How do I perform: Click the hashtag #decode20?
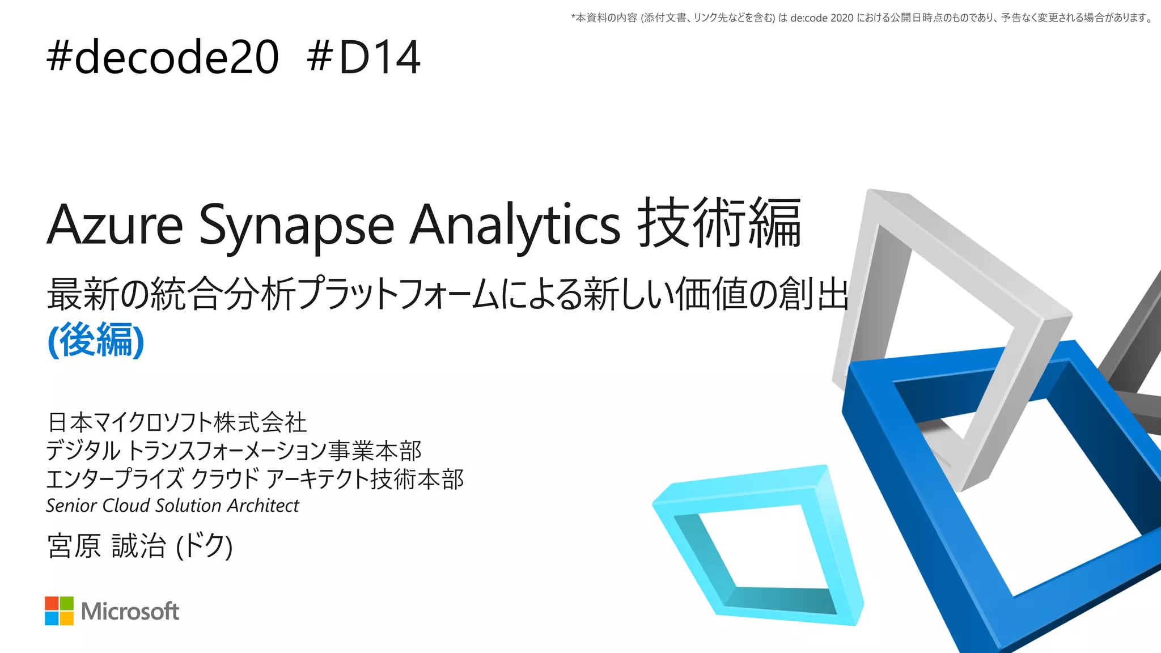(163, 57)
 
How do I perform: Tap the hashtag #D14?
(363, 57)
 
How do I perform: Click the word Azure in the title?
(115, 225)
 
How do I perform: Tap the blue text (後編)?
(96, 340)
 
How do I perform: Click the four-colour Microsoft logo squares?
(59, 611)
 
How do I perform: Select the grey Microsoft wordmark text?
(130, 611)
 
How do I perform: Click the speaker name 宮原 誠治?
(107, 546)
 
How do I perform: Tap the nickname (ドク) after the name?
(205, 546)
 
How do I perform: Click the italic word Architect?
(262, 505)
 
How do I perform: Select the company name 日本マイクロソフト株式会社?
(177, 422)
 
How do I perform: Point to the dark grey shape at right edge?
(1139, 340)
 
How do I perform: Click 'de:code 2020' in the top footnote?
(821, 18)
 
